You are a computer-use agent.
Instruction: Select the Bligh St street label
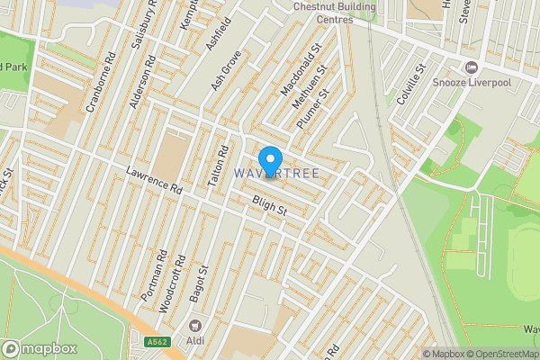[268, 208]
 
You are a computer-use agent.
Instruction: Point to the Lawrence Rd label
[154, 180]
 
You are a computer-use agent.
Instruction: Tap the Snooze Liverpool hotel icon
[471, 68]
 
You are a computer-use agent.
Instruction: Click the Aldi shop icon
[193, 324]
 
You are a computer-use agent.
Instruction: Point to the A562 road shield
[157, 341]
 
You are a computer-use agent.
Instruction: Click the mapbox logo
[40, 348]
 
